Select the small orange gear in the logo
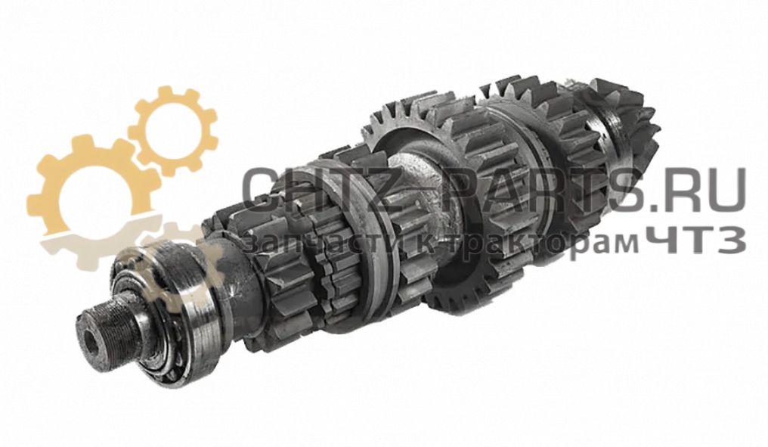pos(173,130)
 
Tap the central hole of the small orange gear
pos(173,130)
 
